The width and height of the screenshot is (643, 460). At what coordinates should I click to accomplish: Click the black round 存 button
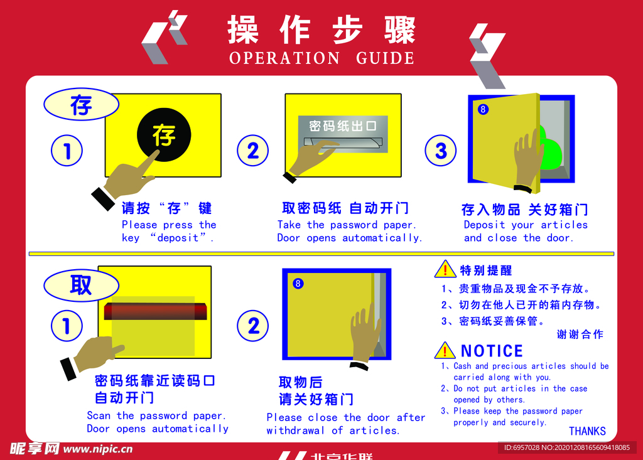pos(164,134)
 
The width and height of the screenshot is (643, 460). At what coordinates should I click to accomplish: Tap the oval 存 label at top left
pos(81,104)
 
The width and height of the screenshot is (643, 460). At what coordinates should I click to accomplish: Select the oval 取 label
pos(81,285)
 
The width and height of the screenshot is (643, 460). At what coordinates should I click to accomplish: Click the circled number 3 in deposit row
pos(440,151)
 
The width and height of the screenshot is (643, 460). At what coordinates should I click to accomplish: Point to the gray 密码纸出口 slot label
pos(343,126)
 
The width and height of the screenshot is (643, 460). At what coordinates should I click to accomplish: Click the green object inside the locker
pos(548,148)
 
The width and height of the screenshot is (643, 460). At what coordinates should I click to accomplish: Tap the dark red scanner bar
pos(156,311)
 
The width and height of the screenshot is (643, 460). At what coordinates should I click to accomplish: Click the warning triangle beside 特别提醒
pos(445,269)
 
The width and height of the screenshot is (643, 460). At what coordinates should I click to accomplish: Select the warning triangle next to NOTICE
pos(445,350)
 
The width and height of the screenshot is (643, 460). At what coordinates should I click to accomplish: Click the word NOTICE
pos(492,351)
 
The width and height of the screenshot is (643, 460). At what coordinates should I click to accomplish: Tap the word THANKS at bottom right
pos(587,431)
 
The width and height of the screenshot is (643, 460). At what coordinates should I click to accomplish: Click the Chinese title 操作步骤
pos(321,29)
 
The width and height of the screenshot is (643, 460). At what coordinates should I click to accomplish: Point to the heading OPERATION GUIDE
pos(321,58)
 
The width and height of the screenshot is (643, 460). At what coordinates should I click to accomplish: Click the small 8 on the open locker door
pos(483,109)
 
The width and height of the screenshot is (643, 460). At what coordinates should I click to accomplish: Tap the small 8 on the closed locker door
pos(298,283)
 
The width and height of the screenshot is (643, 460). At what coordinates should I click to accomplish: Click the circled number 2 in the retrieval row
pos(253,326)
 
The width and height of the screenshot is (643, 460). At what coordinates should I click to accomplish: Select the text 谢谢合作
pos(580,334)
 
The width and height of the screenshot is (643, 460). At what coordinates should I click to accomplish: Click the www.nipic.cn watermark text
pos(98,449)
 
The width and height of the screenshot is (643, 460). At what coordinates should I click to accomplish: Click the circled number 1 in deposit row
pos(67,151)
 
